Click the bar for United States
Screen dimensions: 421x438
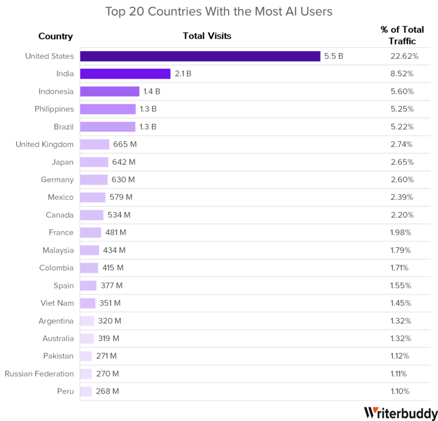click(200, 56)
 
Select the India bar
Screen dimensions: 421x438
click(125, 74)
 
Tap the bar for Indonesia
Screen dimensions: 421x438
click(110, 92)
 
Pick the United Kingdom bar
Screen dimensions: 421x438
click(95, 145)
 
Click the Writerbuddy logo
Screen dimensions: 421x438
click(400, 413)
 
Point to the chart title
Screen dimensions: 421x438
click(219, 12)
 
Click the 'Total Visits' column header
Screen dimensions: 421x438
click(207, 36)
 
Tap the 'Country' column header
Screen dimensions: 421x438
click(56, 36)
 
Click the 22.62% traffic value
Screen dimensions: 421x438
click(404, 56)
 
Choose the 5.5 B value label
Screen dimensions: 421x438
click(334, 56)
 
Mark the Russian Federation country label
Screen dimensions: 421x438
click(39, 374)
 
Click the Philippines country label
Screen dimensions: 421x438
click(54, 109)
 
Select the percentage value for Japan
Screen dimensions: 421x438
click(401, 162)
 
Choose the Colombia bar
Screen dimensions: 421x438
click(89, 268)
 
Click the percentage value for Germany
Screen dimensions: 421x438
click(401, 180)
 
